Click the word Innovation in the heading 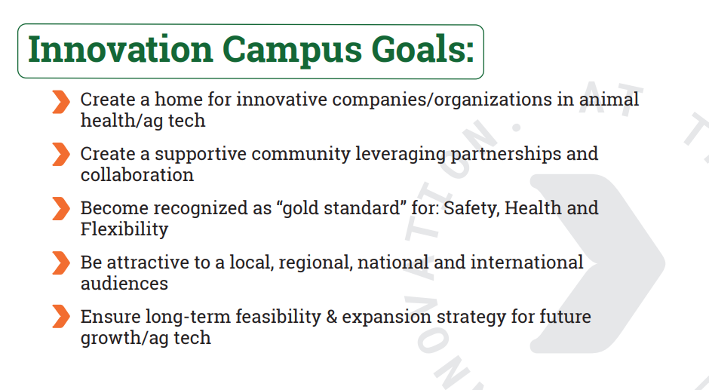point(120,49)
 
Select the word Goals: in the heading point(423,49)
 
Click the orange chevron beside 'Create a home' point(61,102)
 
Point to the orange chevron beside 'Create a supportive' point(61,155)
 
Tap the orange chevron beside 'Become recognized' point(61,208)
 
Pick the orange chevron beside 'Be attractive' point(61,263)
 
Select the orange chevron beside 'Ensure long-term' point(61,316)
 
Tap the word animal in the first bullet point(609,99)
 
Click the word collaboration point(137,175)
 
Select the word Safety point(471,208)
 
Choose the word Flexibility point(124,229)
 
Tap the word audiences point(124,284)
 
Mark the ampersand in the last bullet point(331,317)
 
